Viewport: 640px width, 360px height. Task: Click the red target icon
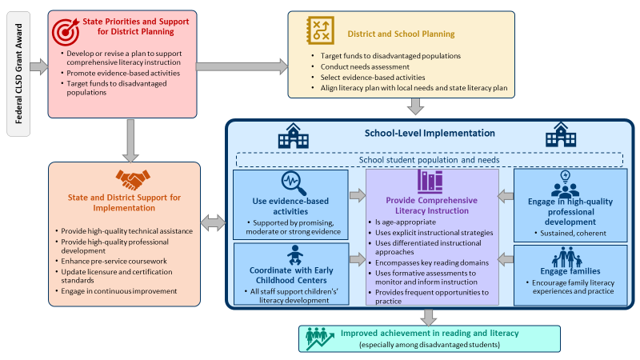tap(66, 30)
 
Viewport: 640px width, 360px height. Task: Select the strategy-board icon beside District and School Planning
tap(322, 30)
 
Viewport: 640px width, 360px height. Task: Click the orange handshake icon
tap(130, 179)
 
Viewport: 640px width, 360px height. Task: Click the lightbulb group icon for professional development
tap(566, 187)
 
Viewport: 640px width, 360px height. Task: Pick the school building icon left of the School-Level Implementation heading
tap(294, 136)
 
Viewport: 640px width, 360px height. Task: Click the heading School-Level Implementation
tap(430, 134)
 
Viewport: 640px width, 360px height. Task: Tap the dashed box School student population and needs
tap(430, 159)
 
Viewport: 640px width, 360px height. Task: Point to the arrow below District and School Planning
tap(414, 106)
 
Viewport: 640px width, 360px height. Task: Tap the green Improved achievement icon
tap(319, 338)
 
